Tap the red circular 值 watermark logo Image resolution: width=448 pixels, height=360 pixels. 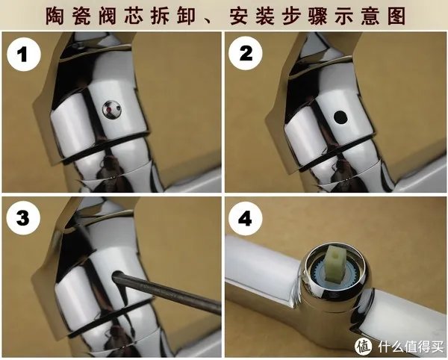(364, 344)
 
